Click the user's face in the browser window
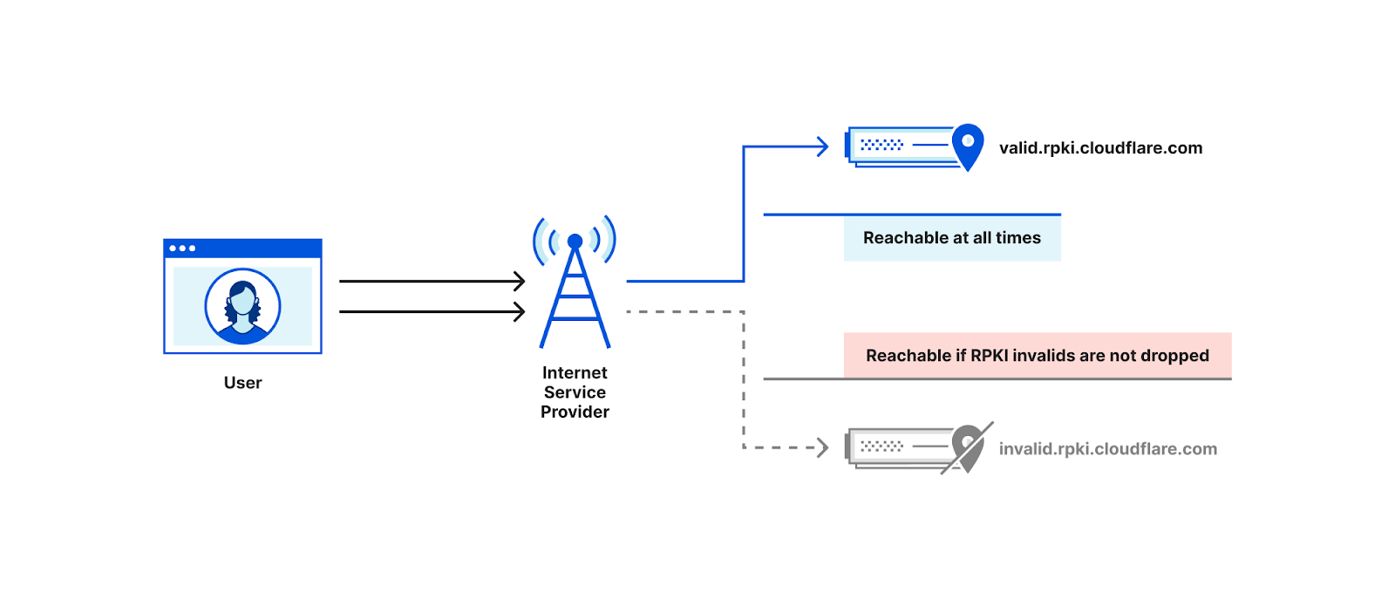point(242,302)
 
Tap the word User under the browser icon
point(242,383)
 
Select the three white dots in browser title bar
point(182,249)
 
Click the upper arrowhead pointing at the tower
point(520,281)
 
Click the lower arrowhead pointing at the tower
point(520,311)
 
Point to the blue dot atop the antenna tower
point(575,241)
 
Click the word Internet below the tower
point(575,373)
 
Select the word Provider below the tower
point(575,412)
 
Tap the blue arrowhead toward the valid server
point(821,147)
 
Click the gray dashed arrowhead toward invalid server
point(821,448)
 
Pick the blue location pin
point(968,145)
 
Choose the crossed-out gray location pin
point(968,447)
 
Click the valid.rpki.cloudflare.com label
point(1100,148)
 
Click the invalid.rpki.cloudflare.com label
point(1107,449)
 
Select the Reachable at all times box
point(952,238)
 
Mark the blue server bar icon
point(898,146)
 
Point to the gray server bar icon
point(898,447)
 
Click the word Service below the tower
point(575,392)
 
